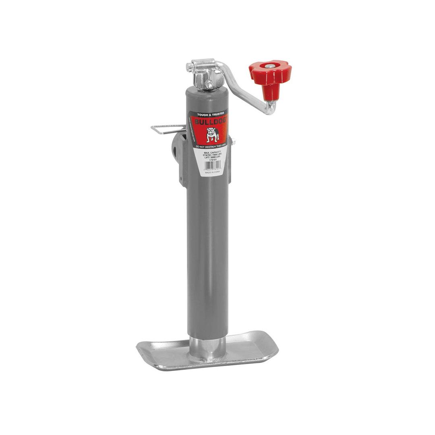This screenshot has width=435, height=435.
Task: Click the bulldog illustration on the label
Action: pyautogui.click(x=212, y=135)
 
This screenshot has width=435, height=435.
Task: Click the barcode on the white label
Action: pyautogui.click(x=212, y=165)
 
